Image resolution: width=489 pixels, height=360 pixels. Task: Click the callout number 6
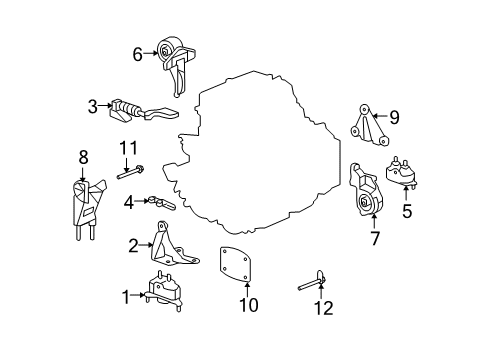(x=138, y=54)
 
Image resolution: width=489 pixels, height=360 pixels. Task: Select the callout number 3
(x=93, y=107)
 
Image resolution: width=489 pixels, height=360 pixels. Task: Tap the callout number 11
(x=128, y=148)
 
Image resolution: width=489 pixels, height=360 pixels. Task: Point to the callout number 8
(x=83, y=157)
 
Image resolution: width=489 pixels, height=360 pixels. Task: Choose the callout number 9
(x=394, y=118)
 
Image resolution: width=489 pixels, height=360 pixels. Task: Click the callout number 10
(x=249, y=305)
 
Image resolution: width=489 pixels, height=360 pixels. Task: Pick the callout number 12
(x=324, y=308)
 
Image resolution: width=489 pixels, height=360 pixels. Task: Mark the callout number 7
(x=375, y=238)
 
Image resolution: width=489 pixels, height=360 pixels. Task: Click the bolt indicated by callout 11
(x=131, y=172)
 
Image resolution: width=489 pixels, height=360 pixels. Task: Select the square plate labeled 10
(x=234, y=264)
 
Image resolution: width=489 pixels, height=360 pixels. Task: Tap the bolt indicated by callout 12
(x=312, y=282)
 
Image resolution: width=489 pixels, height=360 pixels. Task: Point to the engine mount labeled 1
(x=164, y=292)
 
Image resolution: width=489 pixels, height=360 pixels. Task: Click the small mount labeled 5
(x=402, y=172)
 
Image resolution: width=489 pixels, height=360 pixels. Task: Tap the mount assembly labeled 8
(x=87, y=209)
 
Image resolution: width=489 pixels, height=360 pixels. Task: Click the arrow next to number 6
(x=150, y=53)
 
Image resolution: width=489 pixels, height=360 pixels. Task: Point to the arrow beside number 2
(x=146, y=245)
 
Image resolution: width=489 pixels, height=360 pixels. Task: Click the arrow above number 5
(x=406, y=193)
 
